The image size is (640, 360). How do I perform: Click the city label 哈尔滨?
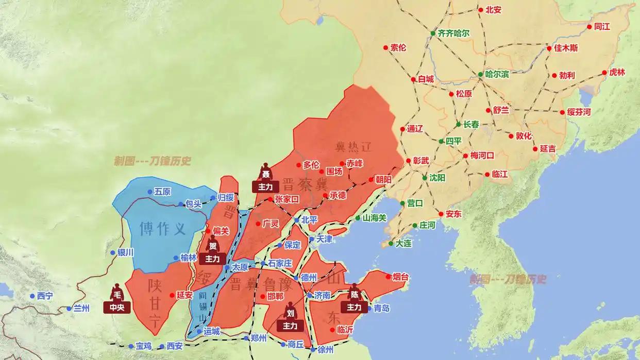(497, 74)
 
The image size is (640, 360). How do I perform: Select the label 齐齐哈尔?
(453, 33)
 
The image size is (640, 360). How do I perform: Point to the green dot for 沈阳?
(425, 178)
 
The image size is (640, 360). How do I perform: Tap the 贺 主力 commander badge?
(212, 252)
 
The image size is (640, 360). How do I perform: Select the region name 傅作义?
(163, 228)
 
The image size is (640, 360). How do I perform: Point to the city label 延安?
(184, 295)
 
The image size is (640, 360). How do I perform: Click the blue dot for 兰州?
(69, 309)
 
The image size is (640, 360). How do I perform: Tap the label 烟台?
(400, 277)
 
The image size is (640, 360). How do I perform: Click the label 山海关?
(374, 218)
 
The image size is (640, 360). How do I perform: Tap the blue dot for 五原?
(150, 192)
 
